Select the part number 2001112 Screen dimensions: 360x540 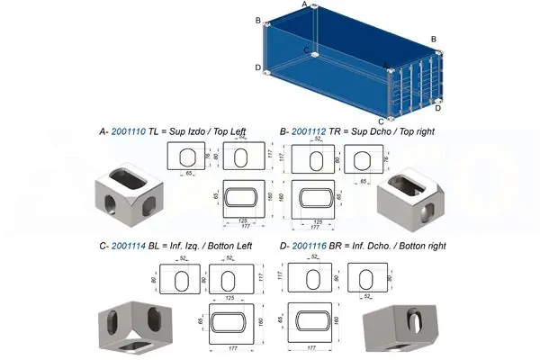pos(310,131)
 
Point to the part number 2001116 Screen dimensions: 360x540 pos(310,245)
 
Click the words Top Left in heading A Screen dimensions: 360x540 pos(230,131)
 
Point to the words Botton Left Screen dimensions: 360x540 pos(231,245)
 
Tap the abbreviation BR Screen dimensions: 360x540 pos(339,245)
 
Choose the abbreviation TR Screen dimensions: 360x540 pos(338,131)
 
